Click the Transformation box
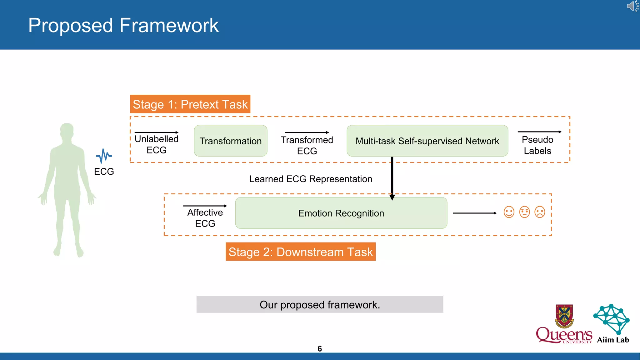[x=230, y=141]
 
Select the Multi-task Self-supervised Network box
[x=427, y=141]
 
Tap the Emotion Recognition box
[x=341, y=213]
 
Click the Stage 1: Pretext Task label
[x=190, y=104]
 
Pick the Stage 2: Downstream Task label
[x=300, y=252]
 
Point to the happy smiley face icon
[x=509, y=212]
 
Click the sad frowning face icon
[x=540, y=212]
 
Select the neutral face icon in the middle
[x=524, y=212]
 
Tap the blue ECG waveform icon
[x=104, y=156]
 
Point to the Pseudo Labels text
[x=537, y=145]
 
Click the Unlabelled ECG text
[x=157, y=144]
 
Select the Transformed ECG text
[x=307, y=145]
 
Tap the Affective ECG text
[x=205, y=218]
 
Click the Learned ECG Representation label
[x=311, y=179]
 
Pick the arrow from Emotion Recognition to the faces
[x=474, y=213]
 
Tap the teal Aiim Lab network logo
[x=612, y=319]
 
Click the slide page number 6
[x=319, y=349]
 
